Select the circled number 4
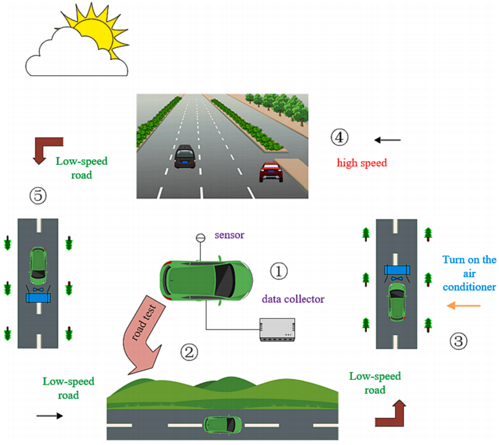[x=339, y=136]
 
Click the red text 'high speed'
[x=362, y=163]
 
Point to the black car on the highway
[x=185, y=155]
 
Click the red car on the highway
[x=271, y=171]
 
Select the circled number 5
[x=38, y=196]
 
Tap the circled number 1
[x=279, y=271]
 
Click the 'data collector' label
[x=293, y=299]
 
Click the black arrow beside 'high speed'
[x=387, y=139]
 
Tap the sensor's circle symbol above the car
[x=199, y=238]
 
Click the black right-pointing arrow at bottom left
[x=50, y=416]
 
